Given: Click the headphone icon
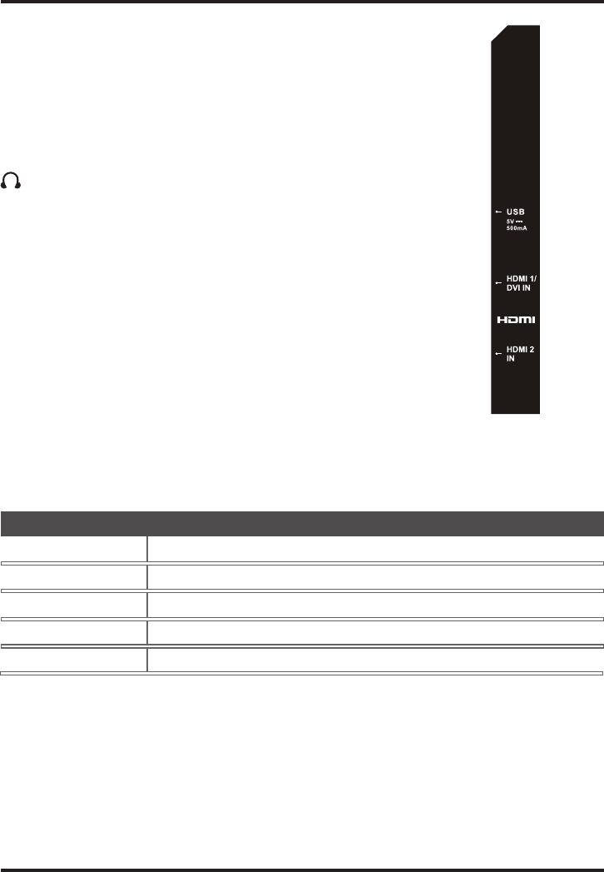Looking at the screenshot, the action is [11, 180].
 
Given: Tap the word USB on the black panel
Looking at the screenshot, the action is [515, 212].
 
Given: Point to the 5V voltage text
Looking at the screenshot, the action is [510, 222].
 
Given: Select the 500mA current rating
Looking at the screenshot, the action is [516, 228].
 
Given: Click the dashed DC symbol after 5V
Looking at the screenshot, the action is [519, 222].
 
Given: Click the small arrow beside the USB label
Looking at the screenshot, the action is [498, 212].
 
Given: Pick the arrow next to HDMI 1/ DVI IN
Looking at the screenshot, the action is [498, 283].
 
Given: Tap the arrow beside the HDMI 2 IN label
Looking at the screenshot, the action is [498, 354].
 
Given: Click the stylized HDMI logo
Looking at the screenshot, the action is [516, 320].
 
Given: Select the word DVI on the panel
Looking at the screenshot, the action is [512, 288].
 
